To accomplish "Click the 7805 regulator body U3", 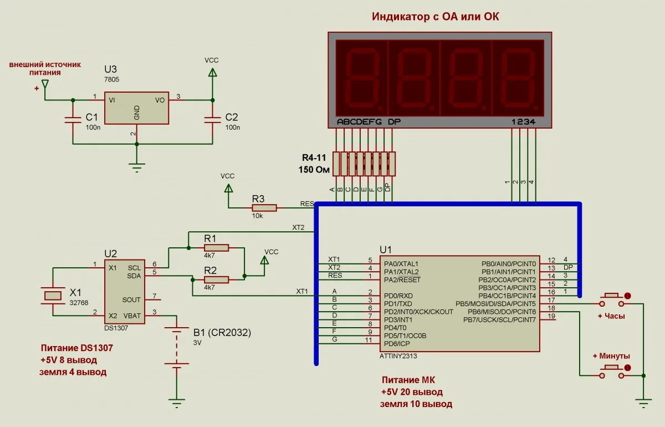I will coord(136,108).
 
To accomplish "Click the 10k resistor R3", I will coord(264,207).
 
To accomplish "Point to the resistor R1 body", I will coord(216,248).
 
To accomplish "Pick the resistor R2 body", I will coord(216,279).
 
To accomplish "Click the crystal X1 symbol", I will coord(53,296).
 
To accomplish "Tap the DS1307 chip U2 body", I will coord(125,291).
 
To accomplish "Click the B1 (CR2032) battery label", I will coord(222,333).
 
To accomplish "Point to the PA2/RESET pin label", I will coord(401,279).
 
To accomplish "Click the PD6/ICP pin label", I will coord(397,343).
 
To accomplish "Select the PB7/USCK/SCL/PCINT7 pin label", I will coord(500,319).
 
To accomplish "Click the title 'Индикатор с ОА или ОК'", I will coord(435,16).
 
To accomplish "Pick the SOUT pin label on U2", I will coord(131,299).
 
